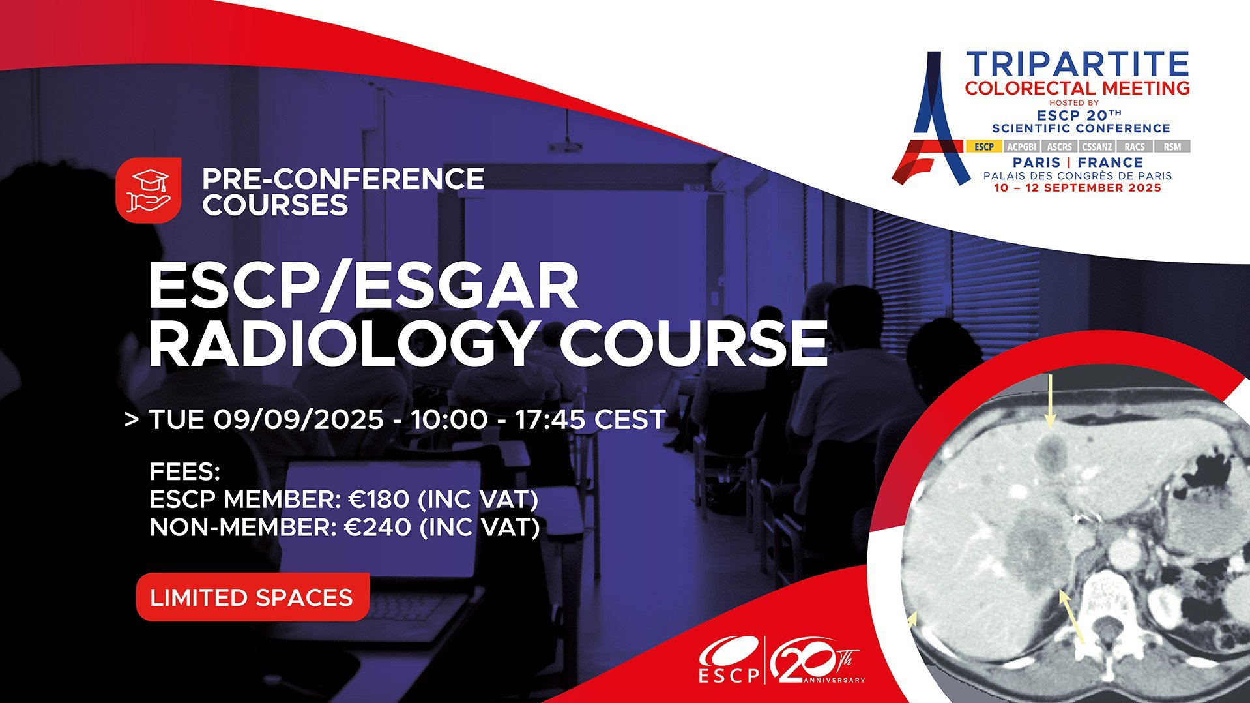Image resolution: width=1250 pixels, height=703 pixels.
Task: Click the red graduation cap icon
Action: [x=148, y=189]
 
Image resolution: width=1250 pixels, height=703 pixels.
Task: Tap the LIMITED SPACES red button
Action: [x=252, y=597]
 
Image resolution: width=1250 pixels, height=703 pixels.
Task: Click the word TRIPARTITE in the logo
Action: [x=1078, y=64]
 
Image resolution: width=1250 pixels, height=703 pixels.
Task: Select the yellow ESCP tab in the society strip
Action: [x=984, y=147]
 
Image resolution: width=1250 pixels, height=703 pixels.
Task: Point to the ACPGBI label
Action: [x=1021, y=147]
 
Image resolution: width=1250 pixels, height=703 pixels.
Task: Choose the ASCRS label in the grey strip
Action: [x=1059, y=147]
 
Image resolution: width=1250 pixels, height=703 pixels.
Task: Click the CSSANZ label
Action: [x=1097, y=147]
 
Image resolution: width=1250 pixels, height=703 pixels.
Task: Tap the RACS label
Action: [x=1135, y=147]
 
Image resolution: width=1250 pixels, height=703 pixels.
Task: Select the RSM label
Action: [x=1172, y=147]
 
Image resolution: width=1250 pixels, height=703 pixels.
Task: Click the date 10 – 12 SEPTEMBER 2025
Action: [x=1078, y=188]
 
